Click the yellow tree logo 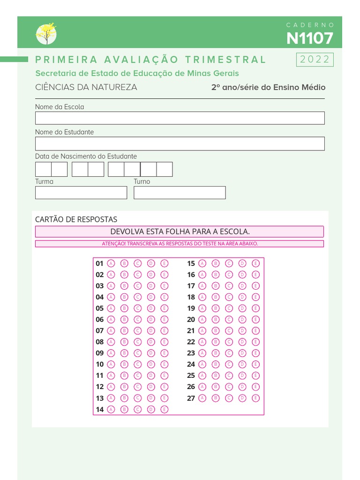tap(46, 33)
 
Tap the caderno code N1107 tap(310, 38)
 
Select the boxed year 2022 tap(315, 60)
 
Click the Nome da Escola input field tap(180, 118)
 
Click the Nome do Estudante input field tap(180, 143)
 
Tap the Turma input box tap(81, 193)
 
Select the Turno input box tap(180, 193)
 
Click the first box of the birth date tap(43, 169)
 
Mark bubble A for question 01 tap(111, 263)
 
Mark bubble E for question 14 tap(165, 410)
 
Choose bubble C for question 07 tap(138, 331)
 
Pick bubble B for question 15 tap(216, 263)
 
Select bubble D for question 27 tap(242, 398)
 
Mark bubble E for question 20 tap(256, 320)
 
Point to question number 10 tap(100, 365)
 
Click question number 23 tap(191, 353)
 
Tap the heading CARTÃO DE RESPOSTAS tap(76, 219)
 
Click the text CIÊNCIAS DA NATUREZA tap(86, 87)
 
